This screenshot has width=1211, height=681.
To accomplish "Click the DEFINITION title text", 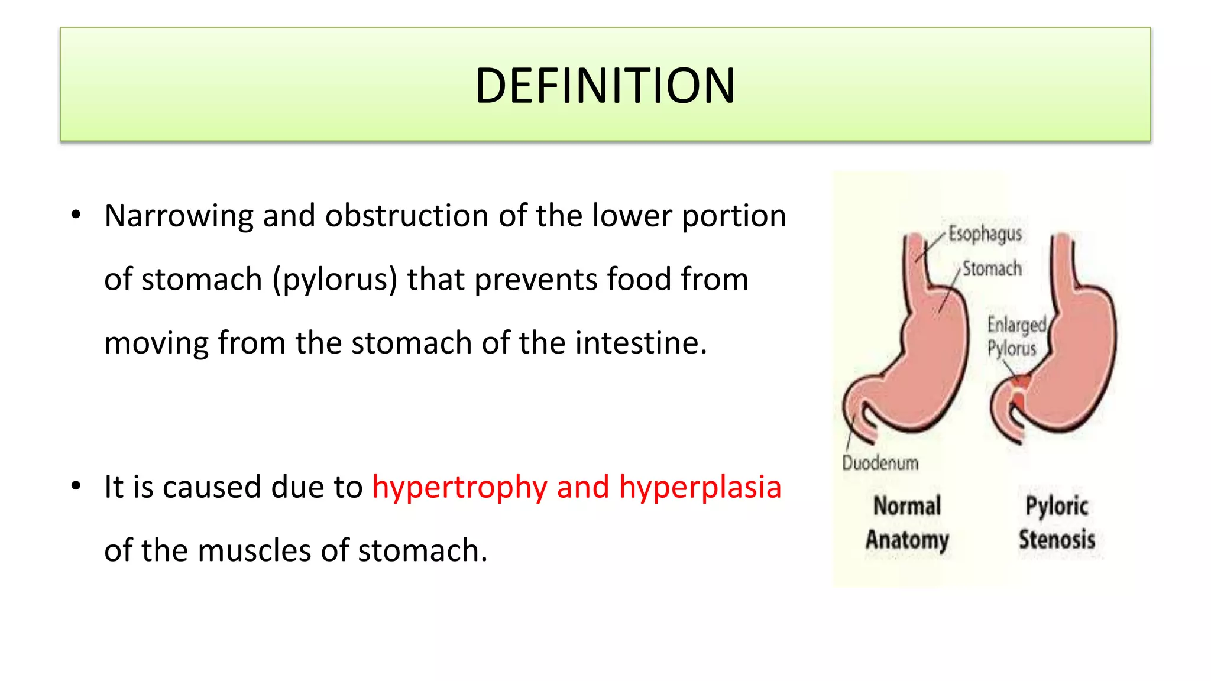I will (x=605, y=86).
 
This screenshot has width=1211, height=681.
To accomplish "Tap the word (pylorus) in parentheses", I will (x=335, y=280).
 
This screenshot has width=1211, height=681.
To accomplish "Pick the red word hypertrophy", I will (x=459, y=488).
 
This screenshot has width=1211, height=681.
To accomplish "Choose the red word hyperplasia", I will (x=700, y=488).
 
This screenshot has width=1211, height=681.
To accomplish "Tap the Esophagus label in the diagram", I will (x=985, y=234).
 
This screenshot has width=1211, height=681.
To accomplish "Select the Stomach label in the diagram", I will (x=992, y=269).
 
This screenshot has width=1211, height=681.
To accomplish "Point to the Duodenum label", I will (x=880, y=463).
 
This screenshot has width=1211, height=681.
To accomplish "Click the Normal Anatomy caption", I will (x=907, y=523).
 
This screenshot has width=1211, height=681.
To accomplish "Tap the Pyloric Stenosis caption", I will (x=1057, y=523).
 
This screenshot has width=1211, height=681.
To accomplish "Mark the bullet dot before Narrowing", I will (x=76, y=215).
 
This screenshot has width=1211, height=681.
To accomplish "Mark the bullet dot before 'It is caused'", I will (x=76, y=487).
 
